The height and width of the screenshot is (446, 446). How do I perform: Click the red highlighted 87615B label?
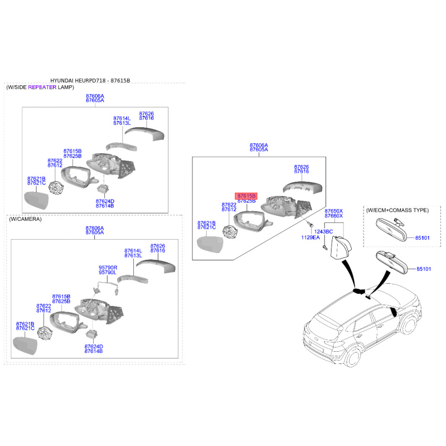click(x=246, y=196)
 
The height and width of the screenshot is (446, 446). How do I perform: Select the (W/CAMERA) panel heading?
click(x=25, y=220)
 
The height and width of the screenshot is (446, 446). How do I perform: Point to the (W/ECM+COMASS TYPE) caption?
click(x=397, y=210)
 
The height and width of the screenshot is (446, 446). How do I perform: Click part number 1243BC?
click(x=323, y=231)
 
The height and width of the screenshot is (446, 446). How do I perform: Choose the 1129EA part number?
click(x=311, y=238)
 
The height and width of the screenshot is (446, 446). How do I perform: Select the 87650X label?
click(x=333, y=211)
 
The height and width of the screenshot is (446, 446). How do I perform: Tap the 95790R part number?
click(x=108, y=267)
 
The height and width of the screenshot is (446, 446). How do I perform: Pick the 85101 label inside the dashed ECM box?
click(x=423, y=238)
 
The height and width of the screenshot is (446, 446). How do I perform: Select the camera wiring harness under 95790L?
click(x=106, y=288)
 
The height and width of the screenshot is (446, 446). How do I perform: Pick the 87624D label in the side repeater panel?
click(x=104, y=201)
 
